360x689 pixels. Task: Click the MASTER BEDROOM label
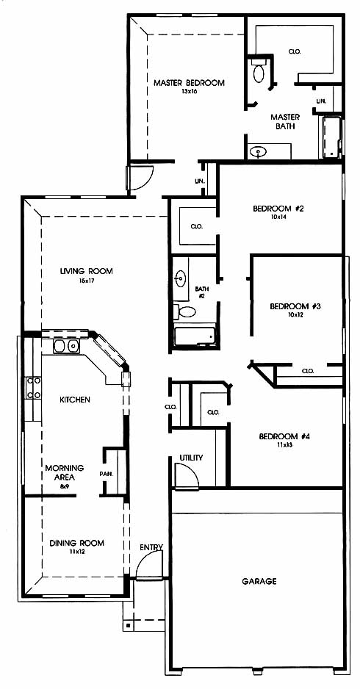pyautogui.click(x=189, y=82)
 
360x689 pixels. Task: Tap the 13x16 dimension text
pyautogui.click(x=189, y=92)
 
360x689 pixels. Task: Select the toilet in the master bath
pyautogui.click(x=259, y=71)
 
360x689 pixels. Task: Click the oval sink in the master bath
pyautogui.click(x=258, y=152)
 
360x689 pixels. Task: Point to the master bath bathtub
pyautogui.click(x=332, y=137)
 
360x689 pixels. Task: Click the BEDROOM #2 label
pyautogui.click(x=278, y=209)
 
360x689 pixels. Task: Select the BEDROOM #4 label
pyautogui.click(x=285, y=436)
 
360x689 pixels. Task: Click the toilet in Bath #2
pyautogui.click(x=185, y=312)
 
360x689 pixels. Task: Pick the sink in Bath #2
pyautogui.click(x=181, y=278)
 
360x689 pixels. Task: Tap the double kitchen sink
pyautogui.click(x=66, y=347)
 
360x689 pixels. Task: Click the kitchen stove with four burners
pyautogui.click(x=33, y=388)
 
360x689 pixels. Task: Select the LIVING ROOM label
pyautogui.click(x=86, y=271)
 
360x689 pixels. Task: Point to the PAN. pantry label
pyautogui.click(x=107, y=474)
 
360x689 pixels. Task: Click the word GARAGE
pyautogui.click(x=259, y=581)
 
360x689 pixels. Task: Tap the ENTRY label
pyautogui.click(x=151, y=547)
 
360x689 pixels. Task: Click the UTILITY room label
pyautogui.click(x=191, y=458)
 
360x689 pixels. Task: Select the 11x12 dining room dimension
pyautogui.click(x=76, y=552)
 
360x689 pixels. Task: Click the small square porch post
pyautogui.click(x=128, y=624)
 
